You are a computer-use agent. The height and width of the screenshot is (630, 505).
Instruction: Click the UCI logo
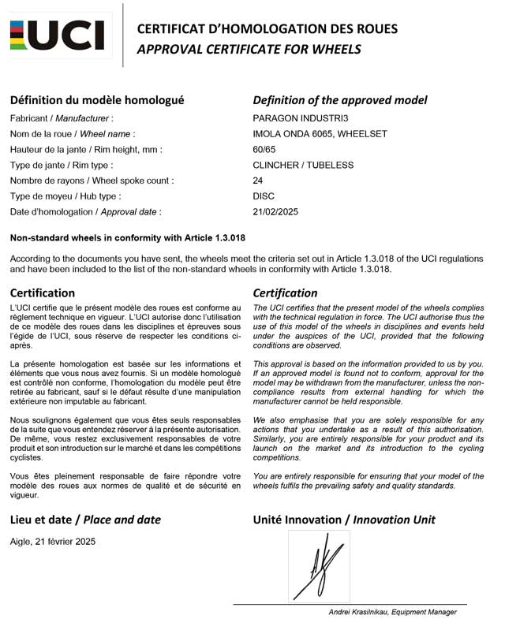click(x=56, y=35)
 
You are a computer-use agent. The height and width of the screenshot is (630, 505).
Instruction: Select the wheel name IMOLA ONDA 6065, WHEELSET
click(x=320, y=134)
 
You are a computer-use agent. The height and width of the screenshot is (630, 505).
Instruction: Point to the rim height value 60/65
click(x=264, y=150)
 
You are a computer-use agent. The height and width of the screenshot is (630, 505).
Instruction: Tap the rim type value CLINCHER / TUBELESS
click(x=303, y=166)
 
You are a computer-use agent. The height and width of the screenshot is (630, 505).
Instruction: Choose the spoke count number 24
click(x=258, y=181)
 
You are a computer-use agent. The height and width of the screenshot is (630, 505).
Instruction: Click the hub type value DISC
click(x=264, y=196)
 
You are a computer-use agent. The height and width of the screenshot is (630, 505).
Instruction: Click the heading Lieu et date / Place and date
click(x=85, y=520)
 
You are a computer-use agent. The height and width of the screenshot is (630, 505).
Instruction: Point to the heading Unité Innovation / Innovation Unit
click(x=343, y=520)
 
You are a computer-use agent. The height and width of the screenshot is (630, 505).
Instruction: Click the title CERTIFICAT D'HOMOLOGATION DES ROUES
click(x=267, y=29)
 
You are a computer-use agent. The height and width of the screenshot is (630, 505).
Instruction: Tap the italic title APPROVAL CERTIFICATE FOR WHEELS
click(x=249, y=49)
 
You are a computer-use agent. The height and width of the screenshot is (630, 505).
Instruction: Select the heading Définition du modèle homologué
click(x=97, y=100)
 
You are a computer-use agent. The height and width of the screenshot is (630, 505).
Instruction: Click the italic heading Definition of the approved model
click(x=340, y=100)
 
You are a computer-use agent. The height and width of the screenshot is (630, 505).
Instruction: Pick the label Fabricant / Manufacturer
click(x=57, y=118)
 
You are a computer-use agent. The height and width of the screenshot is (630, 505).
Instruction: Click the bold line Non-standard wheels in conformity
click(x=128, y=238)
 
